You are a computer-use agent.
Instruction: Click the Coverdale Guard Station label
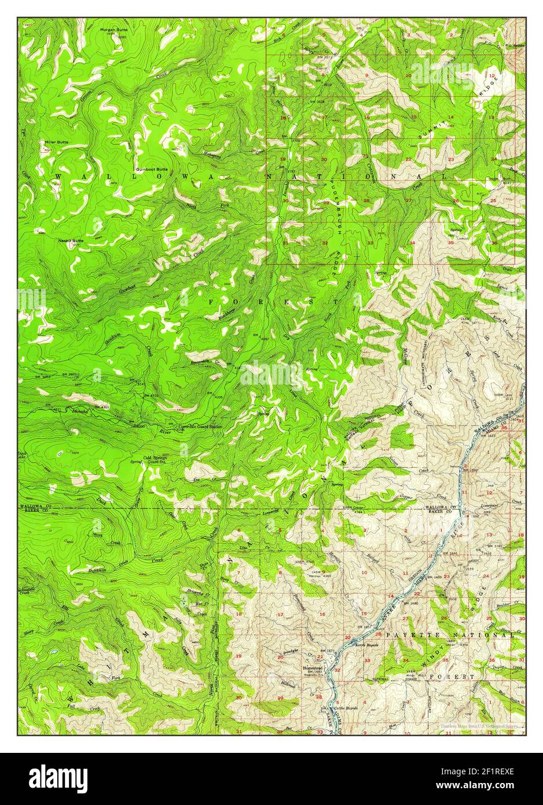tap(200, 426)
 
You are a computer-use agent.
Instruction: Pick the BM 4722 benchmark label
tap(153, 395)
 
